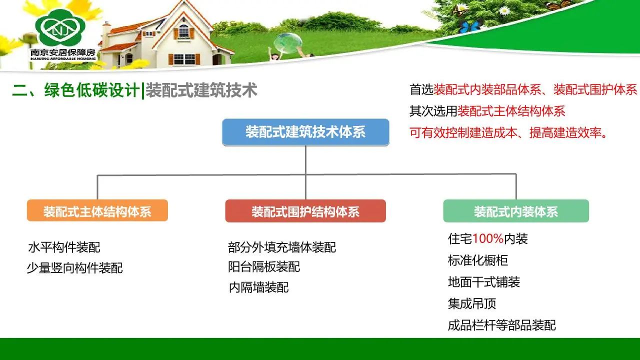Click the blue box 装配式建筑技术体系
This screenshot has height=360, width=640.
click(305, 132)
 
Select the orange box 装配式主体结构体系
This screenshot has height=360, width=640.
click(97, 210)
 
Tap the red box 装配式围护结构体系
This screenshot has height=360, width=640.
click(305, 211)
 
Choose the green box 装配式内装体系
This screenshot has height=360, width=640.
click(516, 211)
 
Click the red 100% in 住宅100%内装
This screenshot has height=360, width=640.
click(487, 238)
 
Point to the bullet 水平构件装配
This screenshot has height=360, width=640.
click(64, 247)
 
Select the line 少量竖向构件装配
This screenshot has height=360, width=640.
click(75, 268)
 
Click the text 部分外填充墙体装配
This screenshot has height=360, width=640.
click(281, 247)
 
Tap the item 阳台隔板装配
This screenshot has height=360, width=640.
click(264, 267)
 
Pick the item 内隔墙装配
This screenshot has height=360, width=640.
click(259, 287)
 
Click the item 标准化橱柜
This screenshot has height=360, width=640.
click(477, 260)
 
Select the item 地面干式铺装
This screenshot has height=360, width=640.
click(483, 282)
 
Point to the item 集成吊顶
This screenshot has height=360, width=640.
click(471, 303)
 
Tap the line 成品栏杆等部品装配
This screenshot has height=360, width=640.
click(501, 325)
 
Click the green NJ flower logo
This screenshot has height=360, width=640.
click(60, 27)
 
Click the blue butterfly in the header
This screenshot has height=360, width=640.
click(470, 27)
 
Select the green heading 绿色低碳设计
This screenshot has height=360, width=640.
click(91, 90)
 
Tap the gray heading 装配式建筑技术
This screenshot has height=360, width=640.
click(201, 90)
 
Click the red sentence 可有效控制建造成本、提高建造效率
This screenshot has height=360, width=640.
click(508, 133)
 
